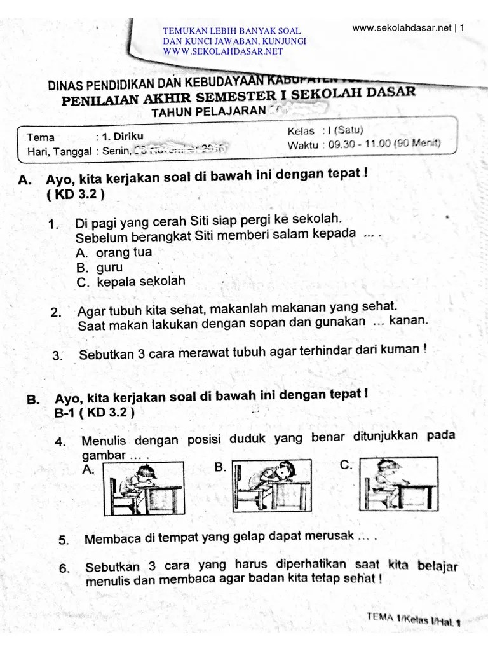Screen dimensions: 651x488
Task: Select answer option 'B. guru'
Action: click(x=99, y=268)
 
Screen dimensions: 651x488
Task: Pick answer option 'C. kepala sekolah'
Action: click(x=130, y=282)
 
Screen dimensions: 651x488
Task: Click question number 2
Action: click(x=56, y=312)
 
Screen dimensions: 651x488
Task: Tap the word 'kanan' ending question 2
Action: click(x=408, y=321)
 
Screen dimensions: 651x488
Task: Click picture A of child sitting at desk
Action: click(x=144, y=488)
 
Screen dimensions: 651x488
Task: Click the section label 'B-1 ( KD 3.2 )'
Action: click(x=94, y=413)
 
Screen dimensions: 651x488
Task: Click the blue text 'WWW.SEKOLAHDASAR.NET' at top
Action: click(x=222, y=51)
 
